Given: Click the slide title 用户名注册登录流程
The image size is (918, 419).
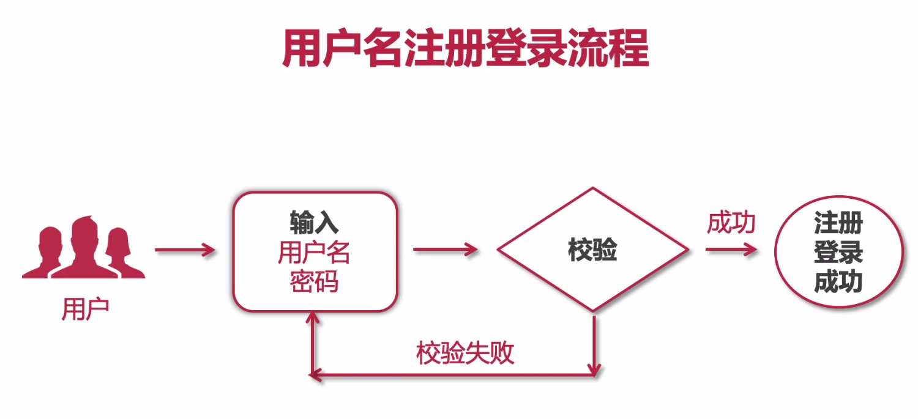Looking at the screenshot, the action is [465, 48].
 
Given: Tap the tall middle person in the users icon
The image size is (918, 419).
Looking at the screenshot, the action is [84, 248].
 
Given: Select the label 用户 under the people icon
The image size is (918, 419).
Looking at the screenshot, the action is [85, 309].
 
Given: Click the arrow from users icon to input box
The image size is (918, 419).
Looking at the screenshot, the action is [185, 250].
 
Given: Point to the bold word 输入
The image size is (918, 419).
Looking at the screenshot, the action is [314, 223].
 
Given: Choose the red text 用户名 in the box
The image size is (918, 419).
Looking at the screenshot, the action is [314, 252].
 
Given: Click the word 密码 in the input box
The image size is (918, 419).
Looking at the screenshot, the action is [314, 282].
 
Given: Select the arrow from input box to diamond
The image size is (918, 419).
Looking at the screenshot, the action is [446, 250].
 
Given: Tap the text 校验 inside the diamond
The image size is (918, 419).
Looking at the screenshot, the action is [592, 250].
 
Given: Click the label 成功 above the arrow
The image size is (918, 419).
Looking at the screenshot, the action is [731, 223].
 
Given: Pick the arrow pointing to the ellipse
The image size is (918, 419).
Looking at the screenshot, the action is [732, 250].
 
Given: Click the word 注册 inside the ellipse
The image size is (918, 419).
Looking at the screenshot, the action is [838, 223].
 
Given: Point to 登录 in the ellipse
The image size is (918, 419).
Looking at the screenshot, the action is [838, 252].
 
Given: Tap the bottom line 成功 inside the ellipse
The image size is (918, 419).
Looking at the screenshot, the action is [838, 282].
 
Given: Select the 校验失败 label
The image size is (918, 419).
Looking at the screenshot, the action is [465, 353].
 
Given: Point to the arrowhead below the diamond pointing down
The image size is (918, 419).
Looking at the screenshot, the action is [594, 369].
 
